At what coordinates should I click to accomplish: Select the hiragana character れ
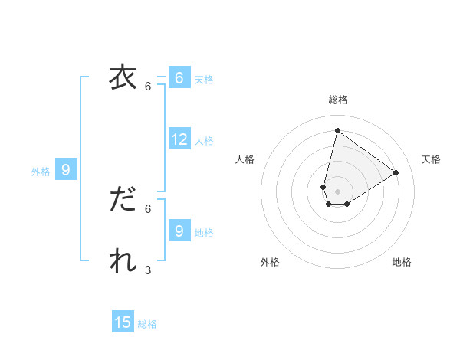[x=123, y=261]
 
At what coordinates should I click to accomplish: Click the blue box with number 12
[x=179, y=139]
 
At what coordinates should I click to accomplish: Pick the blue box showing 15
[x=123, y=322]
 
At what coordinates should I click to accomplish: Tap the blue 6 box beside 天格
[x=179, y=78]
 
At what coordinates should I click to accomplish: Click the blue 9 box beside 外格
[x=66, y=170]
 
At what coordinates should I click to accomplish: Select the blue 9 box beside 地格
[x=179, y=231]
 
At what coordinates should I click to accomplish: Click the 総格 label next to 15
[x=147, y=324]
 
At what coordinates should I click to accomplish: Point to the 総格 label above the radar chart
[x=337, y=100]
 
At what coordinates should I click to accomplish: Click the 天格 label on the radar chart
[x=431, y=159]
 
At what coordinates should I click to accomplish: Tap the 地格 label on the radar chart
[x=402, y=263]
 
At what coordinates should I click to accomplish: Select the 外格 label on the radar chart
[x=270, y=263]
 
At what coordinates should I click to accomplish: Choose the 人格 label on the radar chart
[x=245, y=159]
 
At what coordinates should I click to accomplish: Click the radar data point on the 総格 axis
[x=337, y=130]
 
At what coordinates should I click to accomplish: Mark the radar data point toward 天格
[x=396, y=172]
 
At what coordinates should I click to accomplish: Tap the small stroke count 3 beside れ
[x=148, y=270]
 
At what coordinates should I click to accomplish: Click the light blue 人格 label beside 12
[x=204, y=141]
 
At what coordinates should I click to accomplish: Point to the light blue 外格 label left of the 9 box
[x=41, y=172]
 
